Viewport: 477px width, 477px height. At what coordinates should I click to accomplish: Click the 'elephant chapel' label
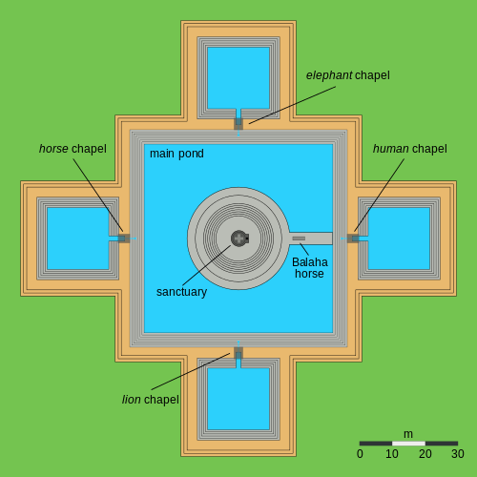(347, 75)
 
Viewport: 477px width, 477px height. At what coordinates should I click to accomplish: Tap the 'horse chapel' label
(73, 149)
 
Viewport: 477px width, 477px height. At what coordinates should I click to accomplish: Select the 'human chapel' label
(410, 149)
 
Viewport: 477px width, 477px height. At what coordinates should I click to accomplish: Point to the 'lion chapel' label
(151, 400)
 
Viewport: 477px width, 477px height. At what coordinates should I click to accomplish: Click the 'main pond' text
(176, 154)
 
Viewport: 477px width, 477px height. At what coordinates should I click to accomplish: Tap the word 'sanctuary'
(181, 292)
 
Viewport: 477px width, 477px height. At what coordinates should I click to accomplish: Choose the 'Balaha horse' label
(310, 268)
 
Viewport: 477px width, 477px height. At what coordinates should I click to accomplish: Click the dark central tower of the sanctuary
(239, 238)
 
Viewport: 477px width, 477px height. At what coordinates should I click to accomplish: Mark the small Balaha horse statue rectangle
(299, 238)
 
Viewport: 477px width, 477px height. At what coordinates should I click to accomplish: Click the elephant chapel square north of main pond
(238, 124)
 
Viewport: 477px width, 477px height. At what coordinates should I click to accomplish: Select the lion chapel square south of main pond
(238, 353)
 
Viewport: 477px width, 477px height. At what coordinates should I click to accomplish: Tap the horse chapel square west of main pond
(124, 238)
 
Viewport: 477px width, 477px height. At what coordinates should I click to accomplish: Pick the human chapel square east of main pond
(353, 238)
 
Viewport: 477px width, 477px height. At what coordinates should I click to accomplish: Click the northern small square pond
(238, 78)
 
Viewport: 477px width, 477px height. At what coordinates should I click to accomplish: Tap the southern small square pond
(238, 399)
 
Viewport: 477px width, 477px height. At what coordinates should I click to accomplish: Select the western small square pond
(78, 238)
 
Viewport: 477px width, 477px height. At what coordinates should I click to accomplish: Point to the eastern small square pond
(399, 238)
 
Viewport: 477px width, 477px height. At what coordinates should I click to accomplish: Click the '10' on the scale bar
(392, 454)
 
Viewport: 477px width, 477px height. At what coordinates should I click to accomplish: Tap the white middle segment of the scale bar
(408, 444)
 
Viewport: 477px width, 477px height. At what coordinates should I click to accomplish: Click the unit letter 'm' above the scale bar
(408, 434)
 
